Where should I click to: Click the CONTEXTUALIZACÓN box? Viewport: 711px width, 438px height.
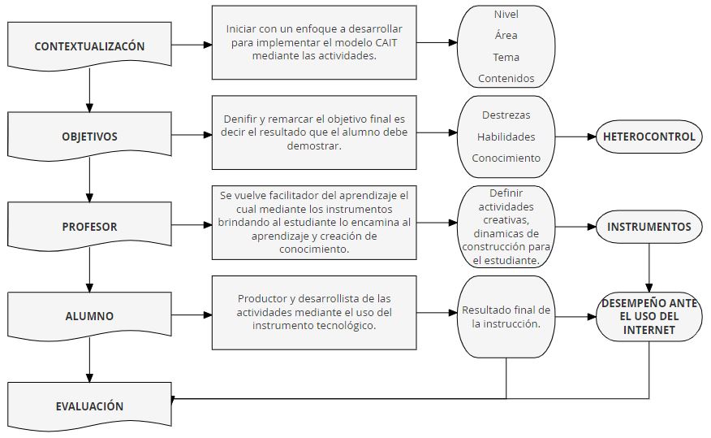pos(89,46)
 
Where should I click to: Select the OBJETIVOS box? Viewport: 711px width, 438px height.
pos(89,137)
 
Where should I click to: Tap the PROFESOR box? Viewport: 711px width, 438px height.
pos(89,227)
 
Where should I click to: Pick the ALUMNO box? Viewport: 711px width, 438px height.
pos(89,316)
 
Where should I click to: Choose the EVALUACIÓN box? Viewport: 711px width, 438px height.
pos(89,406)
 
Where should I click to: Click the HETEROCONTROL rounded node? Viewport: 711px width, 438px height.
pos(649,137)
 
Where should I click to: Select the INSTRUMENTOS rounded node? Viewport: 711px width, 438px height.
pos(649,227)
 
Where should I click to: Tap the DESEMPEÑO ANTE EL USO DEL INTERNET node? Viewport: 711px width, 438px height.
pos(649,317)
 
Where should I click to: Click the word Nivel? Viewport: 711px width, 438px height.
pos(506,14)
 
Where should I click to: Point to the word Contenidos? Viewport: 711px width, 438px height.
pos(506,79)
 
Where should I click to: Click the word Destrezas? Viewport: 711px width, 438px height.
pos(506,115)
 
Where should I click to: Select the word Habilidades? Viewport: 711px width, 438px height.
pos(506,137)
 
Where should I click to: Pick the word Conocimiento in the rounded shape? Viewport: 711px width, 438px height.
pos(506,158)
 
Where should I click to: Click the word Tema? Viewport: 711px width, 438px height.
pos(506,57)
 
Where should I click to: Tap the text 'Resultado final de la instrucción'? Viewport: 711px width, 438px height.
pos(506,317)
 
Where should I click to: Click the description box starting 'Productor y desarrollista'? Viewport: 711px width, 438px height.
pos(313,313)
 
